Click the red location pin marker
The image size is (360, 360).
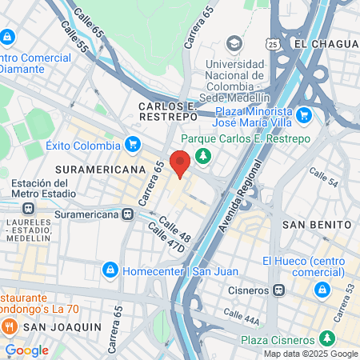pyautogui.click(x=181, y=162)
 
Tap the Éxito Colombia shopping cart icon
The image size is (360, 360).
pyautogui.click(x=134, y=145)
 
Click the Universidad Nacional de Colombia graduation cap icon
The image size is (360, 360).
pyautogui.click(x=234, y=42)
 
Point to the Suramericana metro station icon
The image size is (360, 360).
pyautogui.click(x=128, y=214)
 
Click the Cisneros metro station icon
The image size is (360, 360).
pyautogui.click(x=278, y=290)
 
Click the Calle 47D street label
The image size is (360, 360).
pyautogui.click(x=166, y=239)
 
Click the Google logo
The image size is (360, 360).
pyautogui.click(x=26, y=350)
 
